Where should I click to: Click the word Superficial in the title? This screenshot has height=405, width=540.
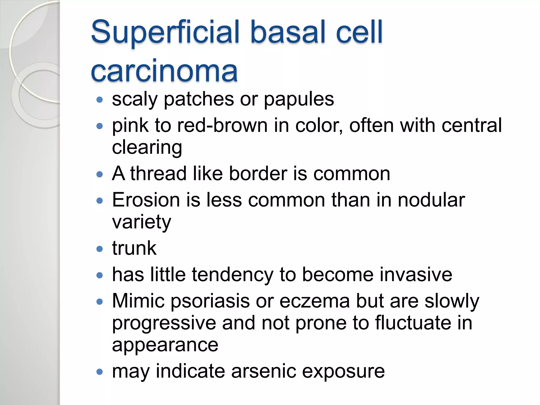point(165,32)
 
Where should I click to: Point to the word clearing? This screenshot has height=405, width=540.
point(147,148)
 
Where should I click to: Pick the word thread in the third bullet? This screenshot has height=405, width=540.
point(158,174)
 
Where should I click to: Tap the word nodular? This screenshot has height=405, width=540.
point(431,200)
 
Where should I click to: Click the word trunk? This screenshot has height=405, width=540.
point(134,248)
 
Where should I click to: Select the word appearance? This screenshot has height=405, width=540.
point(165,345)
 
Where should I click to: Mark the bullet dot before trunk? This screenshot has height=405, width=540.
point(99,249)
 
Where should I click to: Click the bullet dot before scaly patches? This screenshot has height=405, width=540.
point(99,100)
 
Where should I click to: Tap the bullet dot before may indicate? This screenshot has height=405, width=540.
point(99,372)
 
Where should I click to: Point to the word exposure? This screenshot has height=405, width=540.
point(343,372)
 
